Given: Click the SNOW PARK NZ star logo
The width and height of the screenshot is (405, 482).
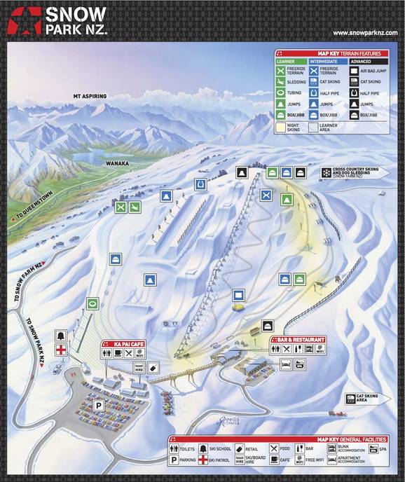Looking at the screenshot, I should pyautogui.click(x=22, y=20).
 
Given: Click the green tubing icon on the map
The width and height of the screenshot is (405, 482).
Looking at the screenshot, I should pyautogui.click(x=92, y=304).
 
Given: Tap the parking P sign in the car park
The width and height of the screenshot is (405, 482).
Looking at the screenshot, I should pyautogui.click(x=99, y=405).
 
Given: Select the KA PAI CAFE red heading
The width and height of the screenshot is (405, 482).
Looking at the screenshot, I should pyautogui.click(x=123, y=344).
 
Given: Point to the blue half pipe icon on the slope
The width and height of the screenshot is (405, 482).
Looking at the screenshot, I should pyautogui.click(x=201, y=184).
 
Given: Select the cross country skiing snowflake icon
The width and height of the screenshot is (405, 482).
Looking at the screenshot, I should pyautogui.click(x=327, y=172).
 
